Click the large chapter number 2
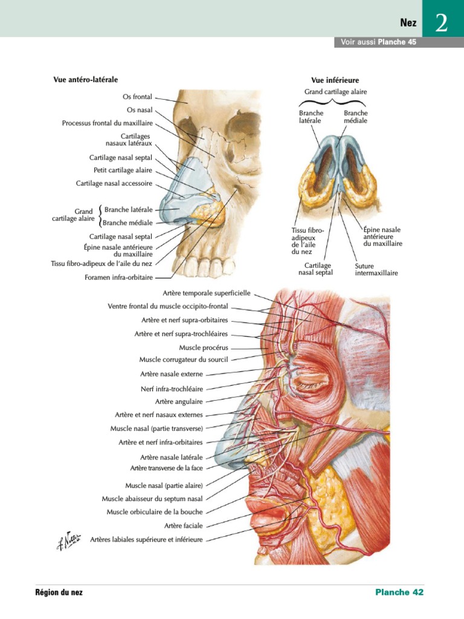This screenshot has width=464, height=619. (441, 24)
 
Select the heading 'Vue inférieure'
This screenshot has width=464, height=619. (335, 80)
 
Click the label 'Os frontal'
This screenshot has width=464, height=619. (137, 96)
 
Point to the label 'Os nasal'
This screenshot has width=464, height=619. (140, 110)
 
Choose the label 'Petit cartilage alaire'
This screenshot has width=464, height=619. (123, 170)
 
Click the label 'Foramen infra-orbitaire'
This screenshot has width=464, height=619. (118, 278)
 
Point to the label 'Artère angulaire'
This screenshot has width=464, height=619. (179, 401)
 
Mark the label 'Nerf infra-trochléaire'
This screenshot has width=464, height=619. (172, 389)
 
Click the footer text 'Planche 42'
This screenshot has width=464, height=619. (399, 592)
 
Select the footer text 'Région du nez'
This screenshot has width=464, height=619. (59, 592)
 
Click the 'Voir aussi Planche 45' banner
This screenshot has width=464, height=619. (378, 42)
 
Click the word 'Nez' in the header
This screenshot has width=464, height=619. (408, 24)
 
